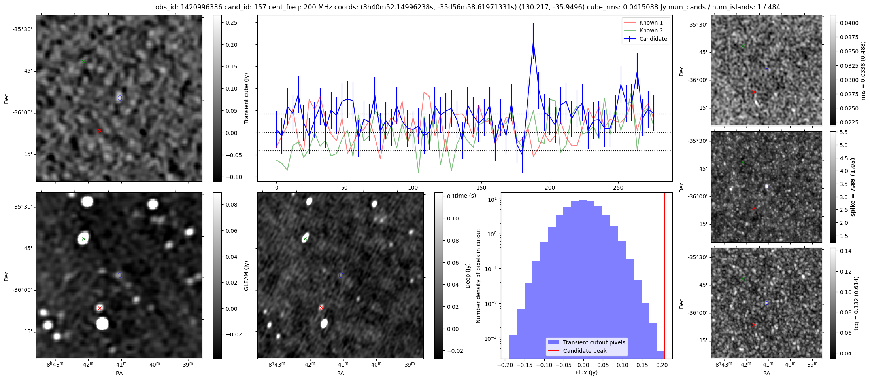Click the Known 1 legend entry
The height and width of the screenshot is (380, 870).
click(651, 23)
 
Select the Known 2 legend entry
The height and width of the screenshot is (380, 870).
click(651, 30)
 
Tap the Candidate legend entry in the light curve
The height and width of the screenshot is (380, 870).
click(653, 39)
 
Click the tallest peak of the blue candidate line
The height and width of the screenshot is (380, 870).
click(533, 41)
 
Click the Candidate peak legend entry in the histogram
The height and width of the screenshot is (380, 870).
click(585, 351)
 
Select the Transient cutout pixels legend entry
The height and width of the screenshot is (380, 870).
click(594, 342)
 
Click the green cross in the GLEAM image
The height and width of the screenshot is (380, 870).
click(83, 239)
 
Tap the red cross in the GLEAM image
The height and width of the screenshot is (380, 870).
click(100, 308)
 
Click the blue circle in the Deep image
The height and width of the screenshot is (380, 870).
click(341, 275)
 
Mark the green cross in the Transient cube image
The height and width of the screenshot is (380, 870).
click(83, 62)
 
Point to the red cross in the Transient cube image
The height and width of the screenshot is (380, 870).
click(100, 131)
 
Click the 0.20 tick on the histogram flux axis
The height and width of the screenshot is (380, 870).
click(661, 365)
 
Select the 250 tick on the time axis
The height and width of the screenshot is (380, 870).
click(618, 188)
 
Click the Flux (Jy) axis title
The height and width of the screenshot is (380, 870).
click(586, 372)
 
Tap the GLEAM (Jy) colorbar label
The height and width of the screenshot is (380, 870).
click(247, 275)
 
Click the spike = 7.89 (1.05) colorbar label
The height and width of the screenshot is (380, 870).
click(853, 187)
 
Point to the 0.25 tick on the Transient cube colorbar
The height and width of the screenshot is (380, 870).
click(232, 23)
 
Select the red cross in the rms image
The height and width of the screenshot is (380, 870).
click(754, 92)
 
